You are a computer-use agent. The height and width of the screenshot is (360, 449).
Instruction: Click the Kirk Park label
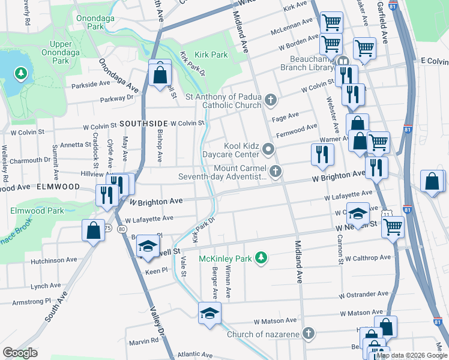coord(210,55)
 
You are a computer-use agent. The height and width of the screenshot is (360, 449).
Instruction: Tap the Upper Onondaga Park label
coord(52,52)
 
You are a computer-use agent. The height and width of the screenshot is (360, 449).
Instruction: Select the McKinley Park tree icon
coord(261,258)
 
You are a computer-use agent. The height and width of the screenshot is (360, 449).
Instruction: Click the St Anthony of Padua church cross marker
coord(271,100)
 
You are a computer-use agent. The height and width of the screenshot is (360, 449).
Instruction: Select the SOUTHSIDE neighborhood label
coord(142,124)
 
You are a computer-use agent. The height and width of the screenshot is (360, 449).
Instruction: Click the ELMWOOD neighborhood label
coord(58,187)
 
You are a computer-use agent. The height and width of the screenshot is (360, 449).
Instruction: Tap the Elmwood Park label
coord(37,211)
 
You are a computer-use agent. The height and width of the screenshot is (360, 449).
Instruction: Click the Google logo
coord(20,353)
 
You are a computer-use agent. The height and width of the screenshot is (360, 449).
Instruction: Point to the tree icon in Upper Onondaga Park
coord(21,74)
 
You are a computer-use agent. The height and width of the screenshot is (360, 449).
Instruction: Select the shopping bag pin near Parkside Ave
coord(160,75)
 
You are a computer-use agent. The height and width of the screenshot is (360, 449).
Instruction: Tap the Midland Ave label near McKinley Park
coord(298,262)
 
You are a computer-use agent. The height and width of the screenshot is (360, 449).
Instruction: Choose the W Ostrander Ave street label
coord(363,295)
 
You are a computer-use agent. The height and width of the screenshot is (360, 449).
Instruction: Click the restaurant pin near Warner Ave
coord(322,155)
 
